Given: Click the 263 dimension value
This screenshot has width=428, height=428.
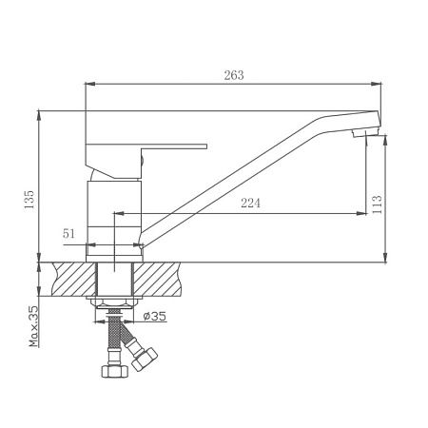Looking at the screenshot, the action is pyautogui.click(x=234, y=75).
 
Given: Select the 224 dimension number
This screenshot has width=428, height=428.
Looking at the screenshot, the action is pyautogui.click(x=250, y=203).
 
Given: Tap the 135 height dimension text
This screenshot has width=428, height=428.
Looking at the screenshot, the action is pyautogui.click(x=29, y=200).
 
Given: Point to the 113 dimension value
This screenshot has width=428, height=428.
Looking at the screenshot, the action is pyautogui.click(x=377, y=204).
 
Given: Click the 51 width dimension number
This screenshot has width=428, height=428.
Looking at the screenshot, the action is pyautogui.click(x=68, y=234).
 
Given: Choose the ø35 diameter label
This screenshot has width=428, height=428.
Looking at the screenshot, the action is pyautogui.click(x=155, y=316).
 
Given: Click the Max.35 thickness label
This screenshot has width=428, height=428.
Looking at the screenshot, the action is pyautogui.click(x=33, y=326).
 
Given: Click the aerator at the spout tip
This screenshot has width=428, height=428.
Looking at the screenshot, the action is pyautogui.click(x=366, y=132).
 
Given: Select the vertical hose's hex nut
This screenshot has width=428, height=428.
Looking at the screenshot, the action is pyautogui.click(x=115, y=371).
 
